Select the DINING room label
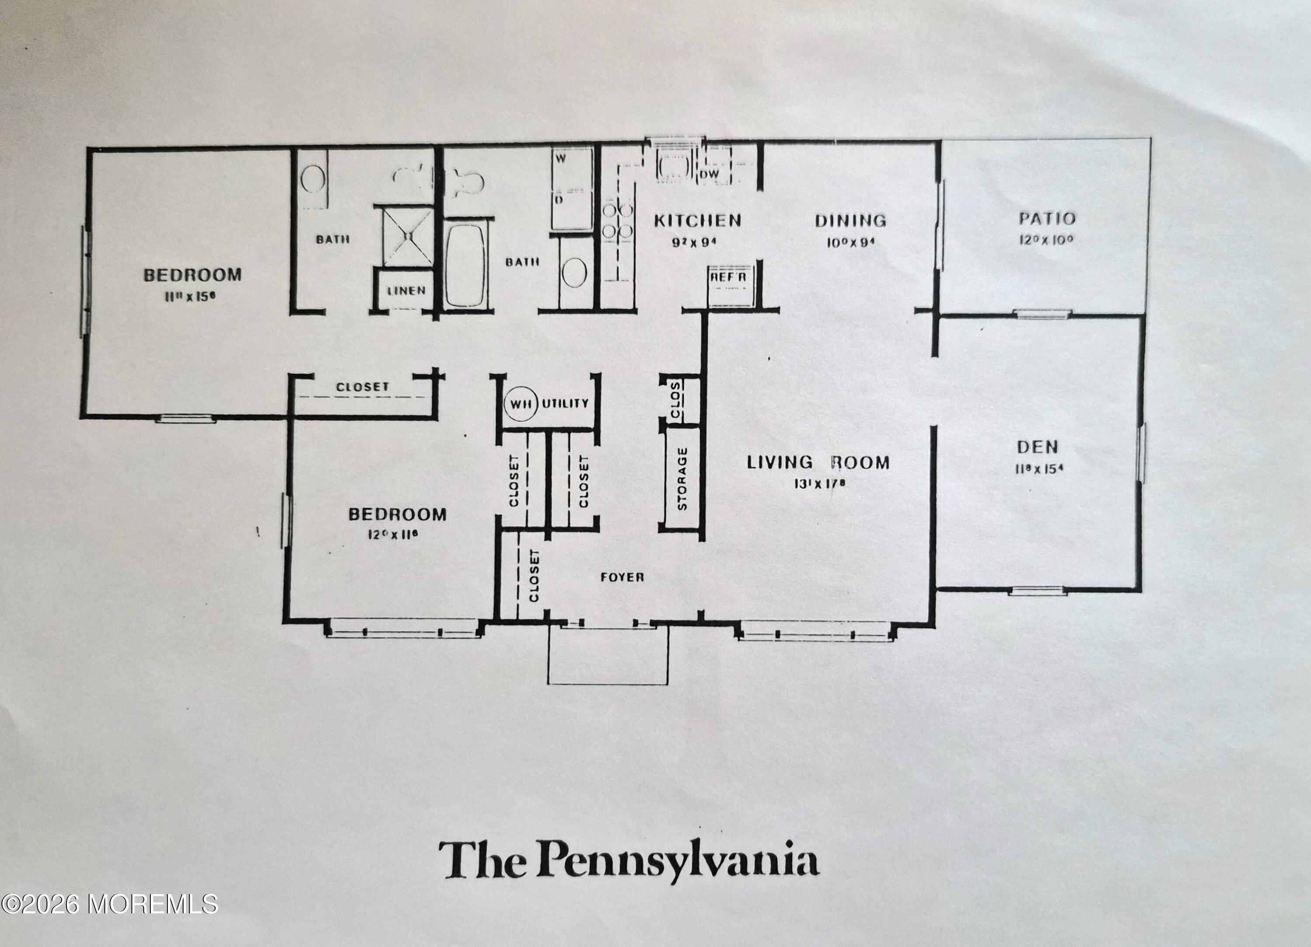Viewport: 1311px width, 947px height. pos(850,220)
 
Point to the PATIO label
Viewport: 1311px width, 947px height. pos(1047,219)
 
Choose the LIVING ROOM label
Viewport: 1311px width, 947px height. pos(818,462)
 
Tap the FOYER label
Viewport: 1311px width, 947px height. pos(622,577)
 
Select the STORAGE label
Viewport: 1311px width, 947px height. pos(682,478)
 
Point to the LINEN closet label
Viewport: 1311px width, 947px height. pos(406,291)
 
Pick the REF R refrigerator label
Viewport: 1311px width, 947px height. pos(728,278)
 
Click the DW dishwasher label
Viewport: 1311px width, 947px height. pos(709,174)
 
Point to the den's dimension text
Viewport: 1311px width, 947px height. pos(1039,469)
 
